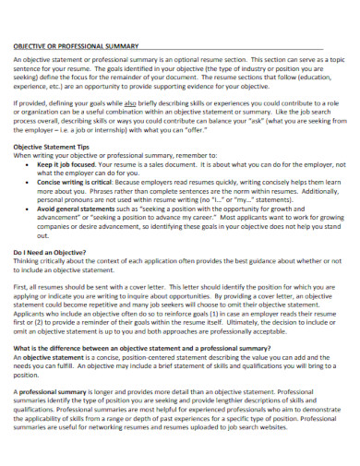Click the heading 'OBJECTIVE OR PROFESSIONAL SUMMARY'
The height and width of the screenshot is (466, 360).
75,45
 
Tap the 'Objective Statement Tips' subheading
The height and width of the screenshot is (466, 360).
59,147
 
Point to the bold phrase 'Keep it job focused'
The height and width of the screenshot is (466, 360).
68,165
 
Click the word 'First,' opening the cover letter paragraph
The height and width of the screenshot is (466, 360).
21,287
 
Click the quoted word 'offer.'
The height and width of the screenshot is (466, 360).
210,129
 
